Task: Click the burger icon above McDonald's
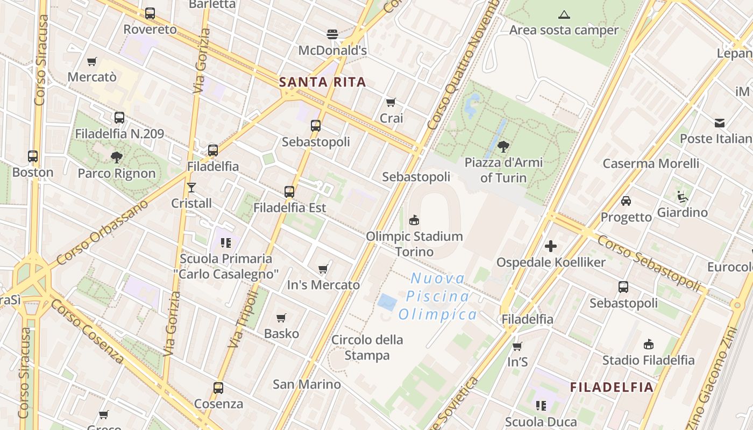pyautogui.click(x=332, y=34)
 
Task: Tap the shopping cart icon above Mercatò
pyautogui.click(x=92, y=61)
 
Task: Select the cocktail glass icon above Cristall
pyautogui.click(x=191, y=187)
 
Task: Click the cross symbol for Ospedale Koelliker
pyautogui.click(x=551, y=246)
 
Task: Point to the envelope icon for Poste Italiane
pyautogui.click(x=720, y=123)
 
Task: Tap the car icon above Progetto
pyautogui.click(x=626, y=201)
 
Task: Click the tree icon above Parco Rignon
pyautogui.click(x=117, y=157)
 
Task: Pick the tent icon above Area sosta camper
pyautogui.click(x=564, y=15)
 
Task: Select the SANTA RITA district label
pyautogui.click(x=323, y=82)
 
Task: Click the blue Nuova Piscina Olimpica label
pyautogui.click(x=437, y=296)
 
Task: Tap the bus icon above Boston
pyautogui.click(x=33, y=156)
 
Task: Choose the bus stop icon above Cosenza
pyautogui.click(x=218, y=388)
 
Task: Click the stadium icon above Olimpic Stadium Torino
pyautogui.click(x=414, y=220)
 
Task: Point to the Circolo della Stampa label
pyautogui.click(x=367, y=347)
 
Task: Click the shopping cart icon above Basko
pyautogui.click(x=281, y=318)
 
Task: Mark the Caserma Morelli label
pyautogui.click(x=651, y=163)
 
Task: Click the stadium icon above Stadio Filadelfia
pyautogui.click(x=649, y=344)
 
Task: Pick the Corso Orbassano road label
pyautogui.click(x=102, y=232)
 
